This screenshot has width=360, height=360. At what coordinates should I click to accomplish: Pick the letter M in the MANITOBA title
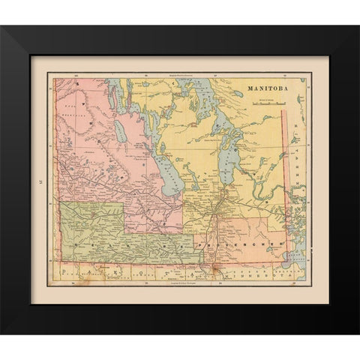click(x=250, y=87)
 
